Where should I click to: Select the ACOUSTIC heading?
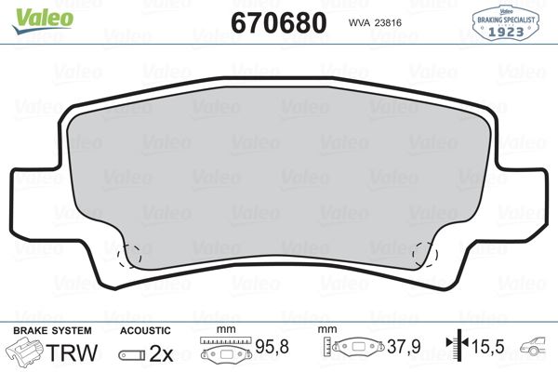(x=145, y=330)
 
